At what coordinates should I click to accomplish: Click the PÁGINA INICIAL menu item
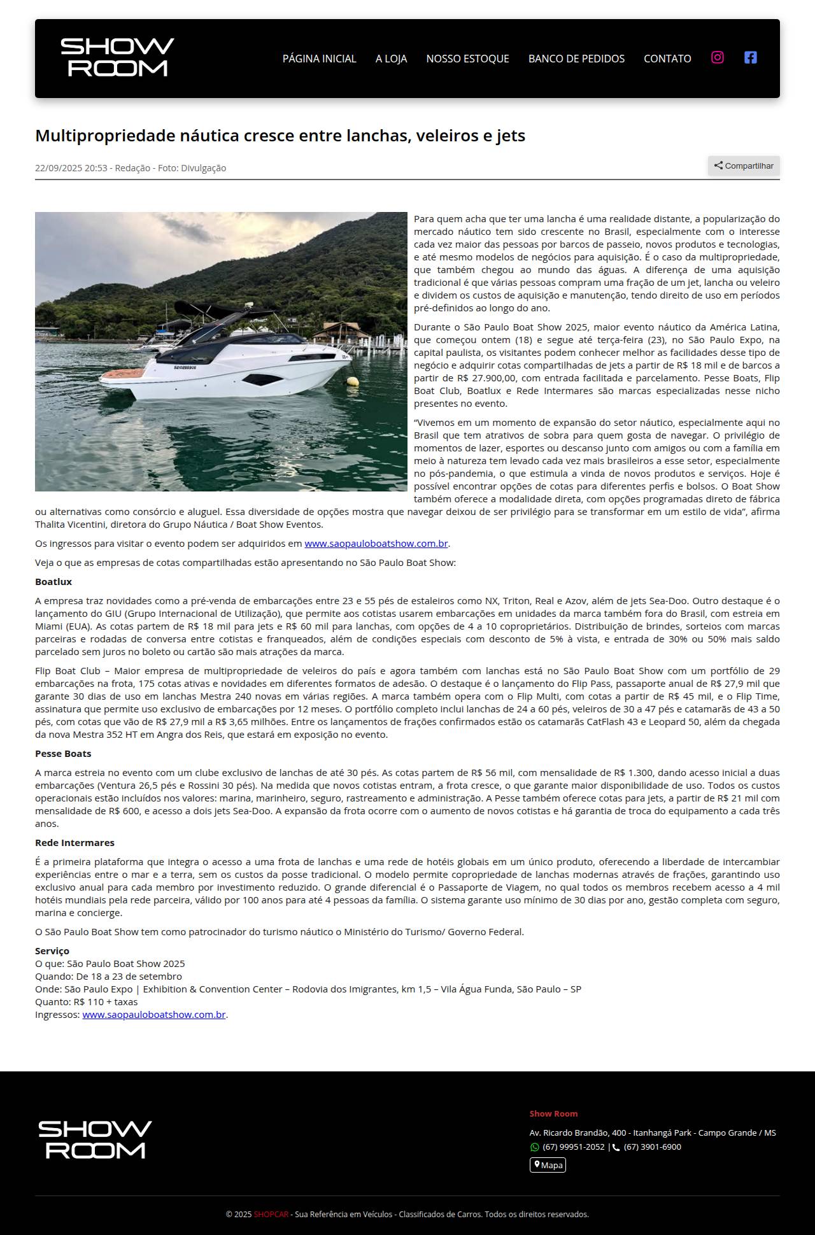319,59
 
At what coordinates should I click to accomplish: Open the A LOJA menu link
391,59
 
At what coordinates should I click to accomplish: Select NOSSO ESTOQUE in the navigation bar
467,59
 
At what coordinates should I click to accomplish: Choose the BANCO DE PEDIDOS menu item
576,59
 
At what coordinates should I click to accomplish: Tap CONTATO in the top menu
667,59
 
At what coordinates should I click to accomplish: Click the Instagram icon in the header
718,57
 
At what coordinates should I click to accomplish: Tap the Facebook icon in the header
751,57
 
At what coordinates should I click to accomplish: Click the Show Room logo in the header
117,57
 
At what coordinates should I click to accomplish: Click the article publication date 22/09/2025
71,168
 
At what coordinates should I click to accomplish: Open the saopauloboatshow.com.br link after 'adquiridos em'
376,544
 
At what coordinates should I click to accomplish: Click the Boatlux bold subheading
53,582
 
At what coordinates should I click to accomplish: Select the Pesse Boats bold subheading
63,754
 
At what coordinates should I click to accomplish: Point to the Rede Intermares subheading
74,843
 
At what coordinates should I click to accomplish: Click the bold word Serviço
52,951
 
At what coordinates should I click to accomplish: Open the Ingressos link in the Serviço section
153,1015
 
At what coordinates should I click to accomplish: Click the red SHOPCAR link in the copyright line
271,1214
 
